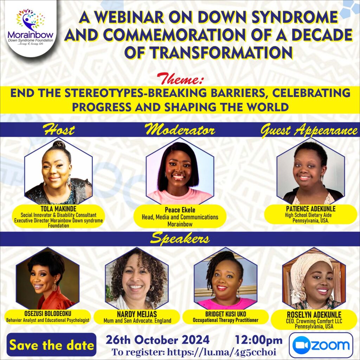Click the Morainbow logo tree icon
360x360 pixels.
[x=30, y=20]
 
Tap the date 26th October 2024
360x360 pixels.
[x=157, y=340]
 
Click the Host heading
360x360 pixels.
[x=59, y=130]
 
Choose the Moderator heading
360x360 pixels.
[x=180, y=130]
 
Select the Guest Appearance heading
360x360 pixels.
[x=309, y=131]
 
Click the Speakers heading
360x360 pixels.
[x=180, y=239]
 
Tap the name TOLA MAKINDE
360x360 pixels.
[x=58, y=209]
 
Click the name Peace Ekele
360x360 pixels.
[x=180, y=210]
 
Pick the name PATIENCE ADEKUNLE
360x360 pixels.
[x=311, y=209]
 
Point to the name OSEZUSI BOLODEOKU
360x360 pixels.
[x=48, y=313]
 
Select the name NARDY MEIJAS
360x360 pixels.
[x=137, y=314]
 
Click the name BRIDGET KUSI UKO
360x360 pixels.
[x=225, y=314]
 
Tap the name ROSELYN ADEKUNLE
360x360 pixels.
[x=314, y=315]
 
